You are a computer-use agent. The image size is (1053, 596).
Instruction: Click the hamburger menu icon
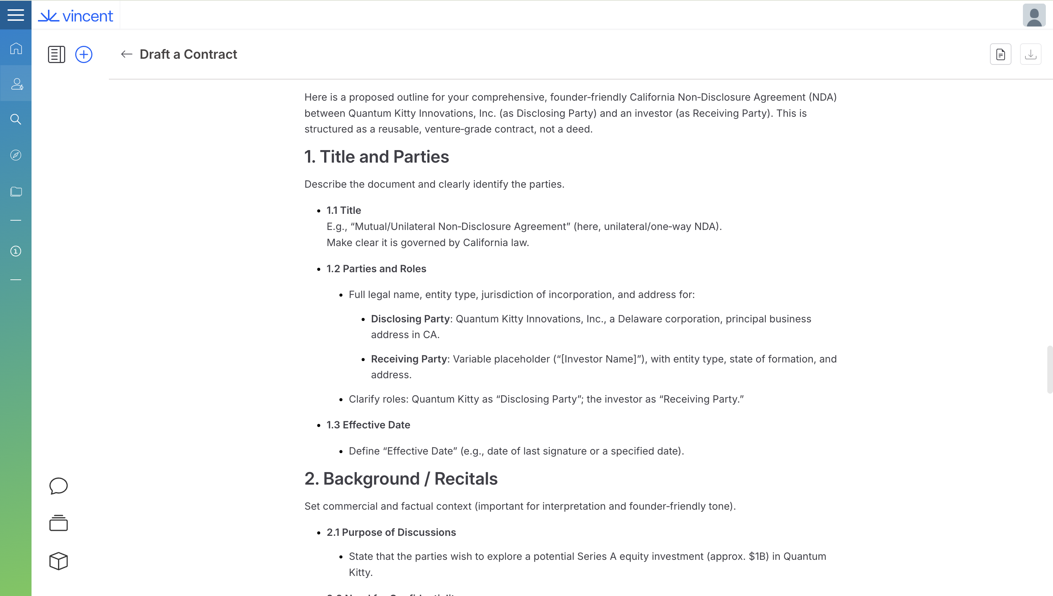15,15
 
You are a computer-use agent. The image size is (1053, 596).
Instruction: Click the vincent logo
76,16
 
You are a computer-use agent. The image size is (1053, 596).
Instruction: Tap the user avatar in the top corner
1034,15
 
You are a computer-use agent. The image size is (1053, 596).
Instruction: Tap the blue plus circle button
84,54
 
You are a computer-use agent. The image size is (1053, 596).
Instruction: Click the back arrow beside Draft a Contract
126,54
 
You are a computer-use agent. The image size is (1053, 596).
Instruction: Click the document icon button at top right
1000,54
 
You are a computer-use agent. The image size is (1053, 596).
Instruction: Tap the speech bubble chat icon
58,486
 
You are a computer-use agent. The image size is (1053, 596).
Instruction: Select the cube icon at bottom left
58,561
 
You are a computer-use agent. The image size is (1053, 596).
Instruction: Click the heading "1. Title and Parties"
376,157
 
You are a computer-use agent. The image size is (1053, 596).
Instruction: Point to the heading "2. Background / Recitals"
401,479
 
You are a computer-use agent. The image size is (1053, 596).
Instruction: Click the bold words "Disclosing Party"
410,319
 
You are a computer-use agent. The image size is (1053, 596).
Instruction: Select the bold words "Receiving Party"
408,359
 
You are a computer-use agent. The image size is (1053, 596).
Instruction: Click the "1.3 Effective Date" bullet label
368,425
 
